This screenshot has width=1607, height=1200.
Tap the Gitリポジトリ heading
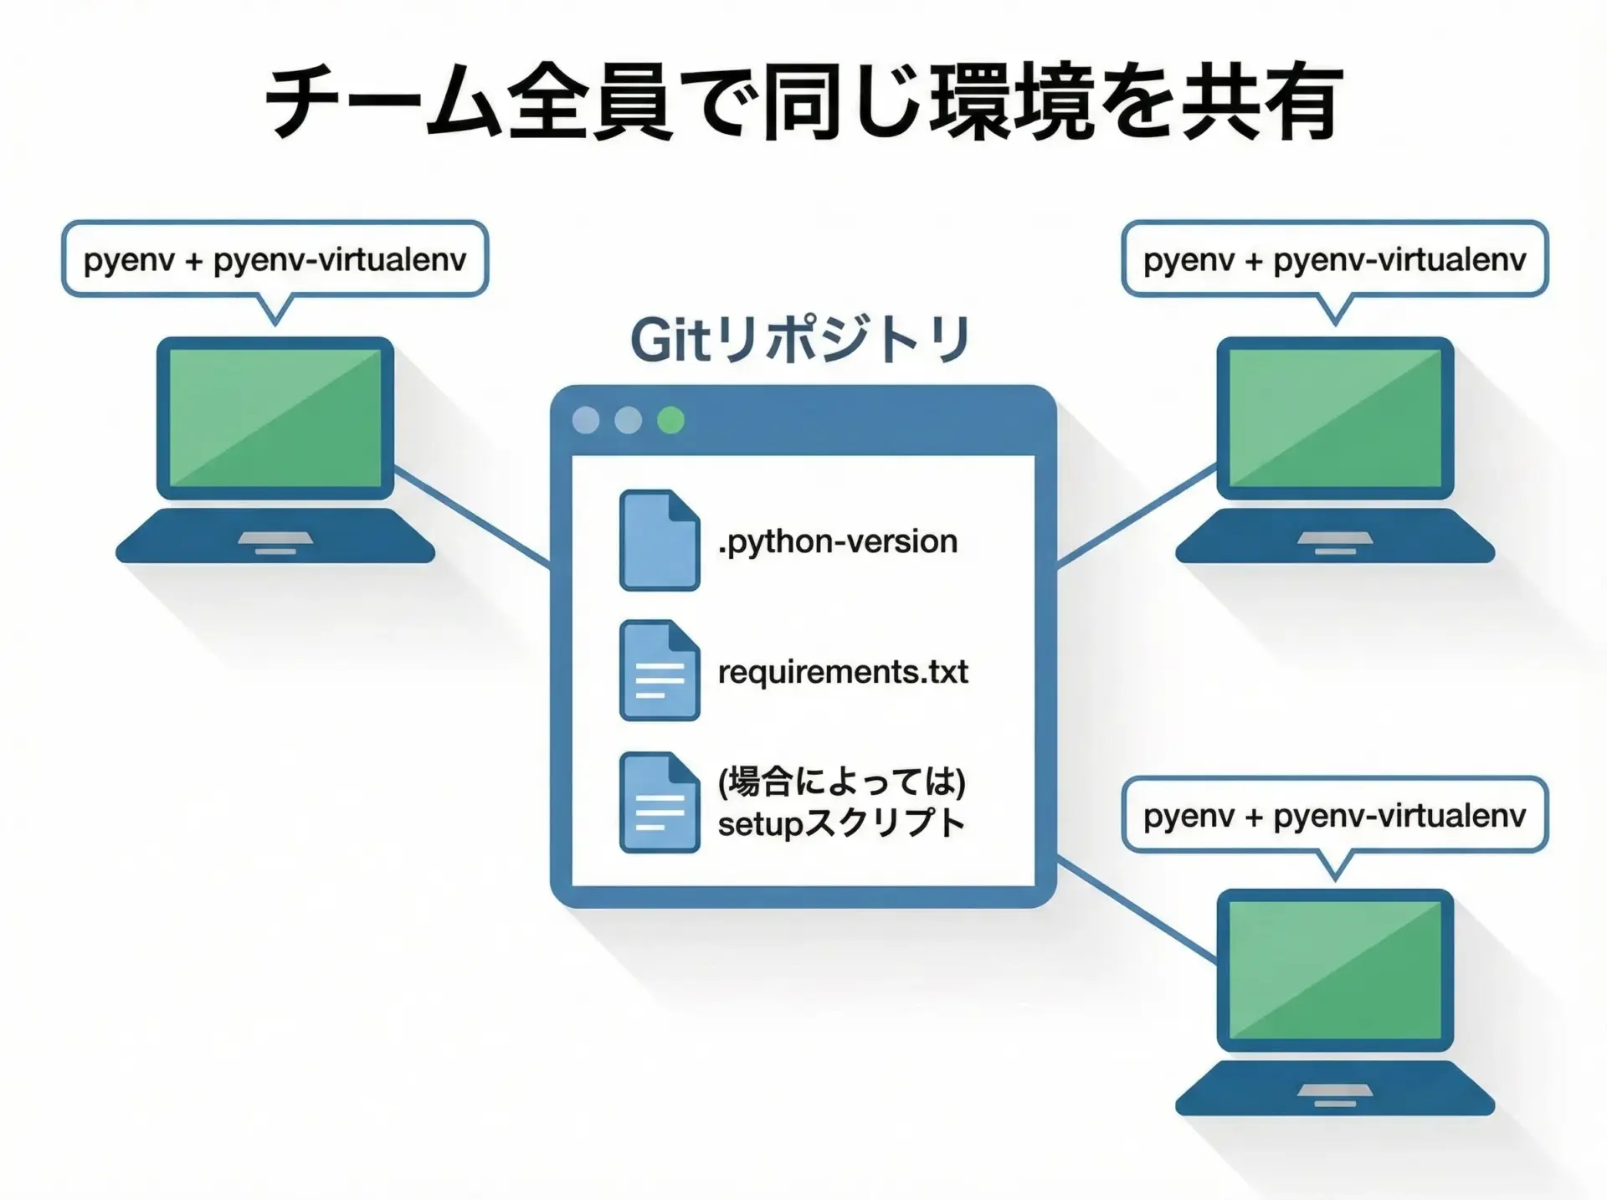pyautogui.click(x=800, y=340)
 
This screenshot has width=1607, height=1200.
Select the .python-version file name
pyautogui.click(x=837, y=541)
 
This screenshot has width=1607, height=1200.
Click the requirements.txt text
pyautogui.click(x=843, y=671)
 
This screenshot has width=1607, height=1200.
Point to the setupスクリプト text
pyautogui.click(x=841, y=823)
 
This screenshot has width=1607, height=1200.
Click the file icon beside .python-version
pyautogui.click(x=660, y=541)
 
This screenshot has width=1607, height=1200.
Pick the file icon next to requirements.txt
pyautogui.click(x=660, y=670)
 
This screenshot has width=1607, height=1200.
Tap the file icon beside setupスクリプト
pyautogui.click(x=660, y=803)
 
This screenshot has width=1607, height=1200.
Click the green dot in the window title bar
pyautogui.click(x=670, y=420)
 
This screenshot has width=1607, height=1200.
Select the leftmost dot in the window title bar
pyautogui.click(x=586, y=420)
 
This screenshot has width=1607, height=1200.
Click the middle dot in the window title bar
pyautogui.click(x=628, y=420)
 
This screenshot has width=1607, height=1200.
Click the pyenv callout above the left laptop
pyautogui.click(x=275, y=259)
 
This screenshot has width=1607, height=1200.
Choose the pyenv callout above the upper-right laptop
pyautogui.click(x=1334, y=259)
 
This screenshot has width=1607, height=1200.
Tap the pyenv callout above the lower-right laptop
pyautogui.click(x=1334, y=815)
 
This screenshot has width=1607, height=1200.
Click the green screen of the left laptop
pyautogui.click(x=275, y=417)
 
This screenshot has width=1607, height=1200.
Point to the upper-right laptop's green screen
pyautogui.click(x=1335, y=417)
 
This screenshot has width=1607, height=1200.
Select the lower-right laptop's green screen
pyautogui.click(x=1335, y=969)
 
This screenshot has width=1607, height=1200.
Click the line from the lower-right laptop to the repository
pyautogui.click(x=1137, y=909)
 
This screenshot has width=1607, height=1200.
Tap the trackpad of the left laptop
pyautogui.click(x=275, y=538)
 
